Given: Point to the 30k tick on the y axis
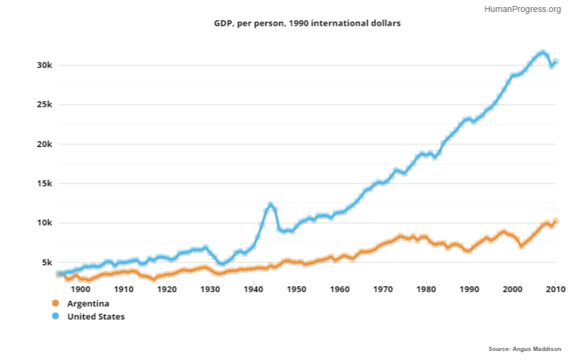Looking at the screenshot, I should pyautogui.click(x=45, y=65).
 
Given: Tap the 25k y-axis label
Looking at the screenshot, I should pyautogui.click(x=45, y=104).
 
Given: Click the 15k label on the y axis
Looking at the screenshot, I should pyautogui.click(x=45, y=184).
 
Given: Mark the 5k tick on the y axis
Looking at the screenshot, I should pyautogui.click(x=47, y=262).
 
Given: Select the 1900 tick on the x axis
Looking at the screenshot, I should pyautogui.click(x=80, y=289).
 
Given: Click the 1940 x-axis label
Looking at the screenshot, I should pyautogui.click(x=253, y=289).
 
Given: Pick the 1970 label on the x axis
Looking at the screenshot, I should pyautogui.click(x=383, y=289).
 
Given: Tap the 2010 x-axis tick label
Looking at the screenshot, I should pyautogui.click(x=556, y=289).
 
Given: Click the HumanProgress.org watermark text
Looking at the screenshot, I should pyautogui.click(x=522, y=9).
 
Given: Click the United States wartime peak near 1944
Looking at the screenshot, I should pyautogui.click(x=271, y=205).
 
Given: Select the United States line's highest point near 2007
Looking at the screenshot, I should pyautogui.click(x=543, y=53).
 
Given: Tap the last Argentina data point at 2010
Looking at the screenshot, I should pyautogui.click(x=556, y=221).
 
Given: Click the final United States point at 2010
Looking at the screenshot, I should pyautogui.click(x=556, y=62).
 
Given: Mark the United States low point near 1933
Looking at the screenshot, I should pyautogui.click(x=222, y=263).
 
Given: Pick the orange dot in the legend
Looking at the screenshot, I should pyautogui.click(x=56, y=303).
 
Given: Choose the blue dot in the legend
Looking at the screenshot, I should pyautogui.click(x=56, y=316).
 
